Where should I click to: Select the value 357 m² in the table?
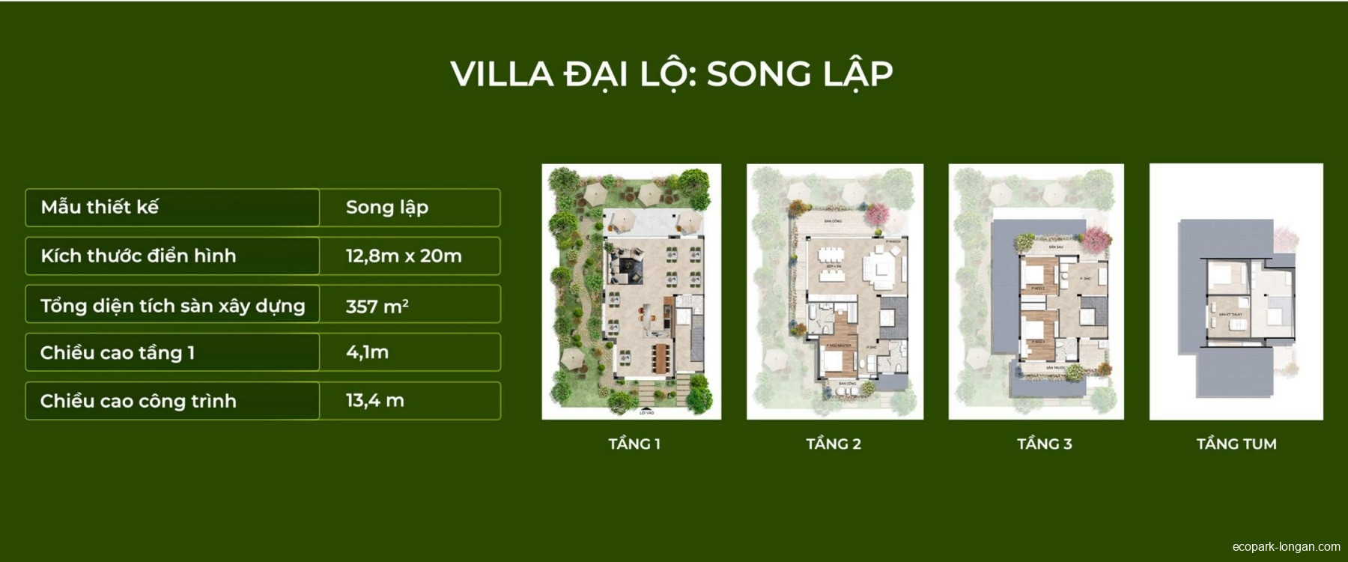coord(377,306)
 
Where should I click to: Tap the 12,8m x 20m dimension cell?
coord(403,256)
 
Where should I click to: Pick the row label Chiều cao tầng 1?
coord(118,353)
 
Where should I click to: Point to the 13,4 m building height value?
coord(374,401)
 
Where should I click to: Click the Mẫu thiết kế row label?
coord(100,208)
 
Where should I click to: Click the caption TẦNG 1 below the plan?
coord(634,444)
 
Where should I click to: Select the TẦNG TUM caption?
coord(1236,444)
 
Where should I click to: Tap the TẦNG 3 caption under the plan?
coord(1044,444)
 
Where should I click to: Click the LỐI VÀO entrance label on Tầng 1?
coord(646,412)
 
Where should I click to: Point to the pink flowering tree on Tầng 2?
coord(875,215)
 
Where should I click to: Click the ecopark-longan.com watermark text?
coord(1286,547)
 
